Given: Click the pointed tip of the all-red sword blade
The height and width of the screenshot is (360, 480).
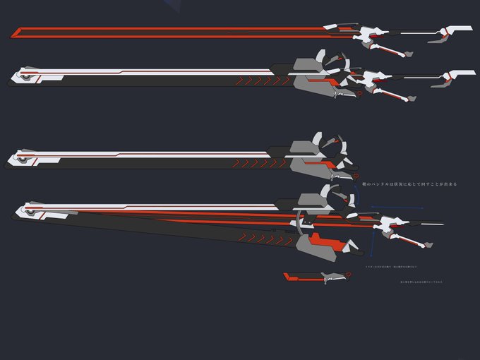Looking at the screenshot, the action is tap(13, 32).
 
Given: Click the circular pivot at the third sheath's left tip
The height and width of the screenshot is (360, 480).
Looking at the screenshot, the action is tap(25, 158).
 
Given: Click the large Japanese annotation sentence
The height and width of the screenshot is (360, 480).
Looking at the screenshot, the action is tap(409, 184).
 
